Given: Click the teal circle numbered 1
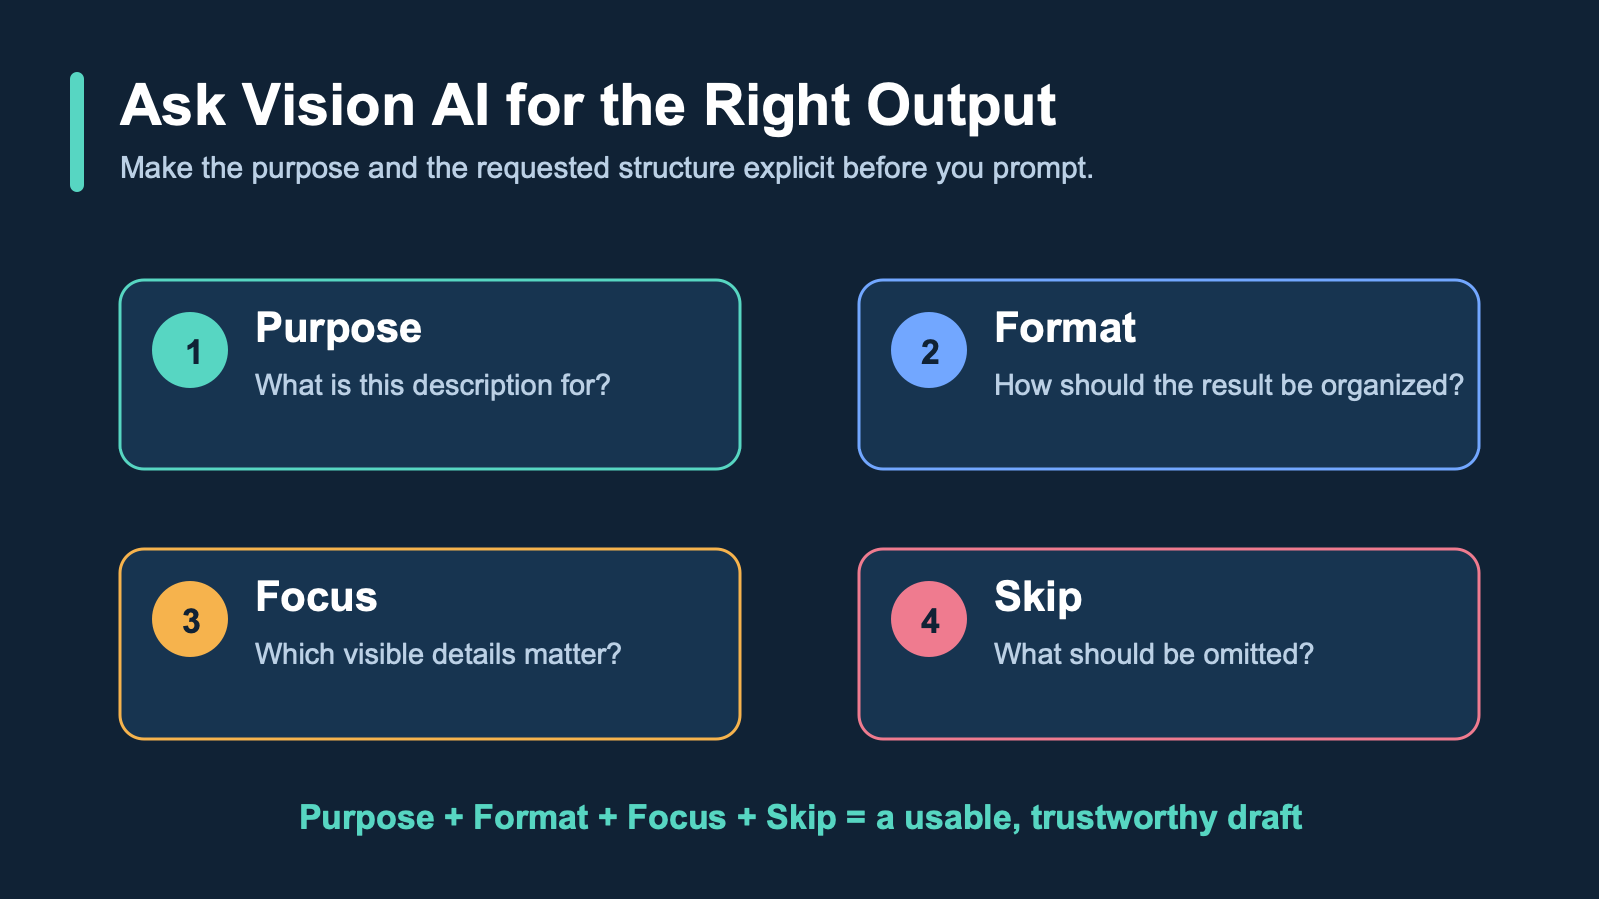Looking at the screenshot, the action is [190, 350].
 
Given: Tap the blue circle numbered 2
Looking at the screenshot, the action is [929, 350].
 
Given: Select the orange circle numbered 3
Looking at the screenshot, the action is [190, 619].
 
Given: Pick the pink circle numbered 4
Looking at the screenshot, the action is [929, 619].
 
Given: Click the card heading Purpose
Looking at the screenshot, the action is [339, 329].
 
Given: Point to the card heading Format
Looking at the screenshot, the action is [1065, 328].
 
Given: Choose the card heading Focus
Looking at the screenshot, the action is [316, 597].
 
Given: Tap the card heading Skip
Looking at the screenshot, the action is [1038, 598].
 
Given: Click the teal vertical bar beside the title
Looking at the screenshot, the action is [77, 132].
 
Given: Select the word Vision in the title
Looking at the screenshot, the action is [329, 106].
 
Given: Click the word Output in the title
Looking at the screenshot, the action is [961, 107].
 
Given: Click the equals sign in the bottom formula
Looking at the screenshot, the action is [856, 818].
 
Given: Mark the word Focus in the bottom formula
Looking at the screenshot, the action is [676, 818].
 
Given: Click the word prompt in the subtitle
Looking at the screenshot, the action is [1043, 170].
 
